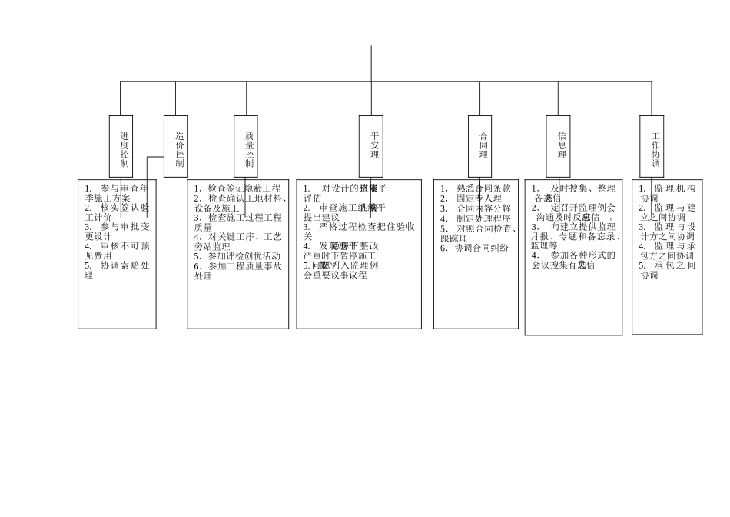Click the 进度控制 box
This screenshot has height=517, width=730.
[121, 146]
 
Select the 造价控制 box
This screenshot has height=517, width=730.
[176, 146]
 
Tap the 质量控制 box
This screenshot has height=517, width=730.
[246, 146]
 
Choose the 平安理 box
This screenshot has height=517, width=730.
[371, 146]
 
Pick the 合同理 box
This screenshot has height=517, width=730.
[479, 146]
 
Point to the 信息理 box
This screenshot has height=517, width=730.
[559, 146]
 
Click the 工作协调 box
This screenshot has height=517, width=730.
[652, 146]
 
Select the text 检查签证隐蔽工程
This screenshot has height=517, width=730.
[243, 188]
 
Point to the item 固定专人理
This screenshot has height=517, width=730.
[477, 198]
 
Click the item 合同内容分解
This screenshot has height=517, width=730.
[482, 208]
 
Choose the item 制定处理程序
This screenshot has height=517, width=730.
[482, 218]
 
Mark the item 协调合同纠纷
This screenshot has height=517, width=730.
[479, 248]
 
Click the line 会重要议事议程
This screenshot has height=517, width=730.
[335, 275]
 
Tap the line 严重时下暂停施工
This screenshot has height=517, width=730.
[340, 255]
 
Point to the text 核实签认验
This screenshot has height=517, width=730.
[124, 208]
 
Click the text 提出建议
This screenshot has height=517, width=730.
[321, 218]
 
